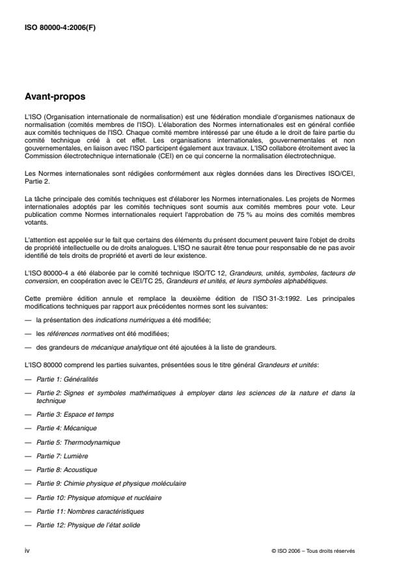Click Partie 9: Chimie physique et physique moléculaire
tap(111, 483)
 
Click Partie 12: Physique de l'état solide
tap(88, 525)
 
